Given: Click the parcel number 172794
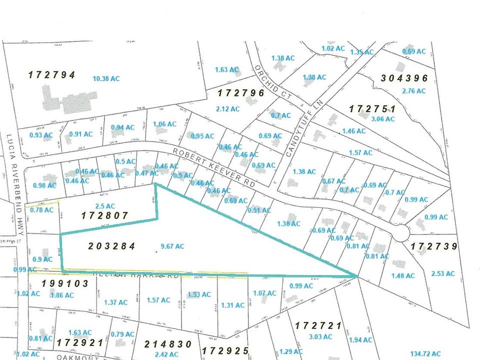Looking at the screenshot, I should [51, 75].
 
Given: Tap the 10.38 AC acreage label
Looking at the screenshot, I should [106, 78].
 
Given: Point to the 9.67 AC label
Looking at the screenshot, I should [172, 246].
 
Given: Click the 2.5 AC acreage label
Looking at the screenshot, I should [101, 205].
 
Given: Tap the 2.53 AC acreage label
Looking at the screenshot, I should [442, 273].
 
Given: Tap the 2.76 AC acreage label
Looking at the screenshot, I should [413, 91].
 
